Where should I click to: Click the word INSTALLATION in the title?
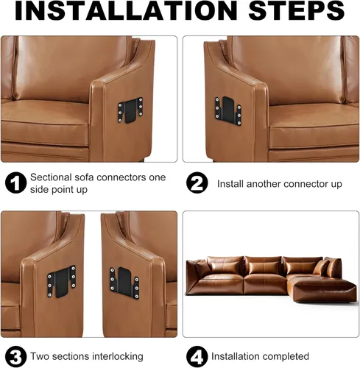pos(126,10)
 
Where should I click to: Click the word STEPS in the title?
pos(297,10)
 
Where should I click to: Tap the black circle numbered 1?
pos(15,183)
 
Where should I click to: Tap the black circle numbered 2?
pos(197,183)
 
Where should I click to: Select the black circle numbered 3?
pos(15,357)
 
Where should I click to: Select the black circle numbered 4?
pos(197,357)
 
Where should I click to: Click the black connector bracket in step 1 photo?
pos(130,110)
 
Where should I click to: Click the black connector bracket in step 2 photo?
pos(228,111)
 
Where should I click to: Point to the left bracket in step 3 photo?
pos(62,282)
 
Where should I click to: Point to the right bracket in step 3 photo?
pos(124,283)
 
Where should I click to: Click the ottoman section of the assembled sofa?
pos(324,289)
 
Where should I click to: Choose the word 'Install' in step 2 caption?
pos(230,184)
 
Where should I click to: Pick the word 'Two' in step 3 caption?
pos(39,356)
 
